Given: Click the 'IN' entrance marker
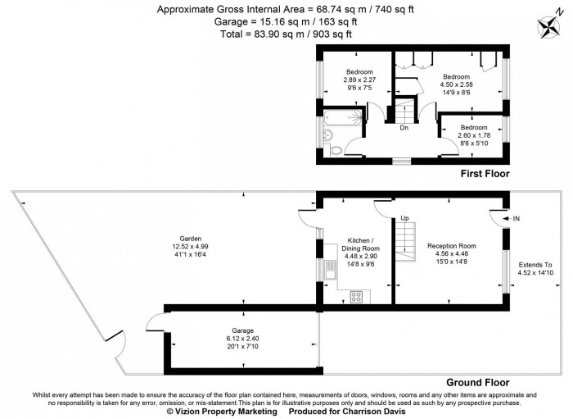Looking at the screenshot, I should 517,219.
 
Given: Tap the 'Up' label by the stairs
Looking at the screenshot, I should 404,218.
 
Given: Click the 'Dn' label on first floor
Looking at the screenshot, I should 404,127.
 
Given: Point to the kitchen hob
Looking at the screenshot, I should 357,296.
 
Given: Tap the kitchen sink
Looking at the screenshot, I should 329,270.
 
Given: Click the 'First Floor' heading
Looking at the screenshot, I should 485,174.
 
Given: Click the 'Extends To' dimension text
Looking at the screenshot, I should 535,270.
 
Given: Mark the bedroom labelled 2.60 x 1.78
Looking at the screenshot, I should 472,134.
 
